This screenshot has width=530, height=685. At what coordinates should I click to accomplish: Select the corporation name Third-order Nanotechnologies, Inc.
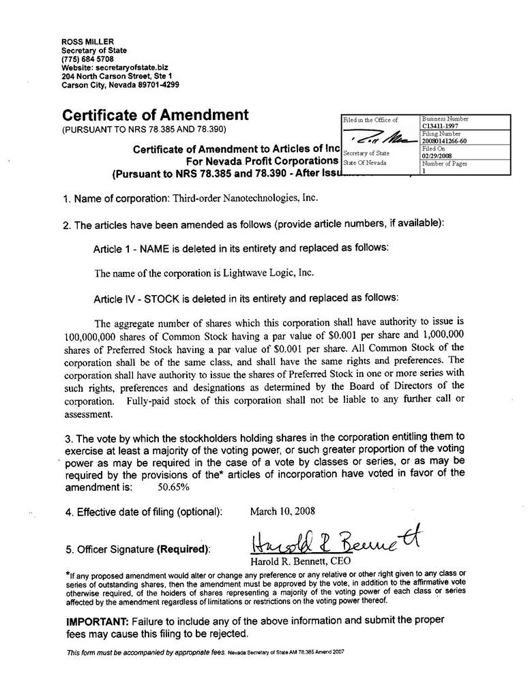(245, 198)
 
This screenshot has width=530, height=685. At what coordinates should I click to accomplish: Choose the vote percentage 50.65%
(173, 487)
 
